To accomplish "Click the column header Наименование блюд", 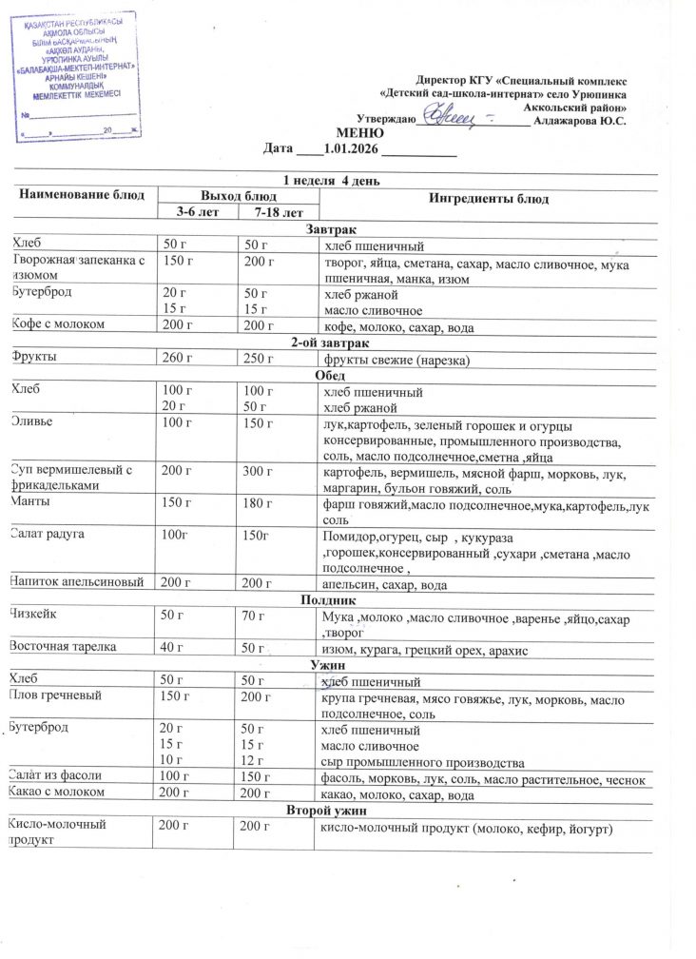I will point(79,194).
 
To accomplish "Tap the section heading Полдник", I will point(328,601).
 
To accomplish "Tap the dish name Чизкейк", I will point(34,616).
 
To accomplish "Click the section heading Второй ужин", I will point(328,810).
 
